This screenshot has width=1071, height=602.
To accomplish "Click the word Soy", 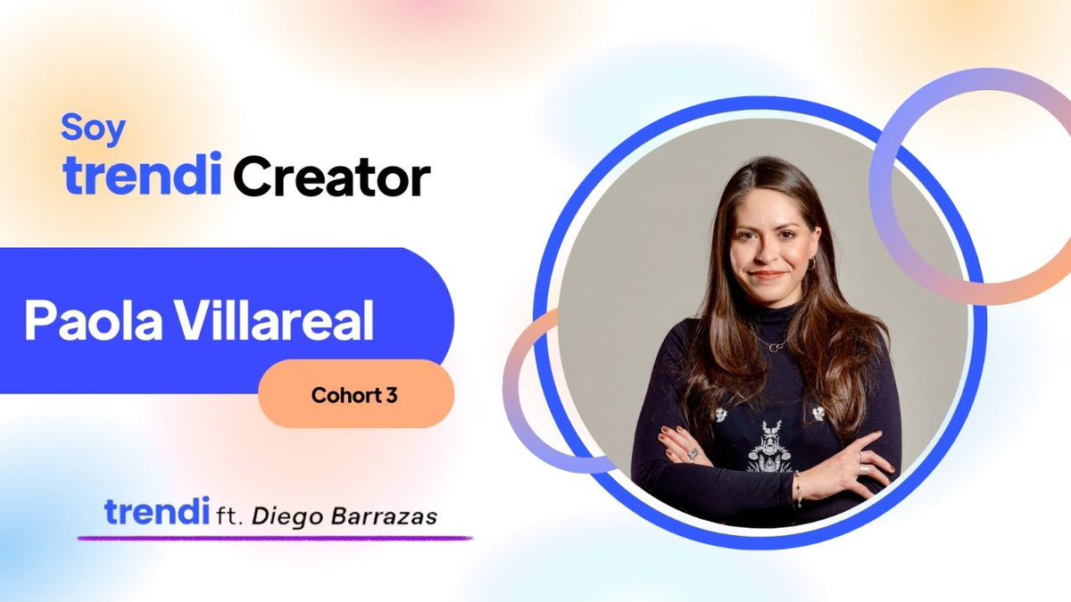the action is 93,129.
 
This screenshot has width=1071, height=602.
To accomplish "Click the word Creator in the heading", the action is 332,177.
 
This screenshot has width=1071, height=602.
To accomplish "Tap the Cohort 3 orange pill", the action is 356,394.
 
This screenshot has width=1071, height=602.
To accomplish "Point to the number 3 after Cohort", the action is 392,395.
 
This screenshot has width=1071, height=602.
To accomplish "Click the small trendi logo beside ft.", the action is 157,511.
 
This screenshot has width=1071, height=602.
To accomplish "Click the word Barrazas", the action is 384,516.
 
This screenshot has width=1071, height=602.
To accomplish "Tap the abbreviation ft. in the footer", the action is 230,516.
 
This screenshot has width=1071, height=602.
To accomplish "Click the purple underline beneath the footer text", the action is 275,539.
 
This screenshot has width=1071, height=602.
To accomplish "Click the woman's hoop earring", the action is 811,263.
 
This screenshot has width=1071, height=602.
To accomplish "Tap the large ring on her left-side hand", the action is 693,453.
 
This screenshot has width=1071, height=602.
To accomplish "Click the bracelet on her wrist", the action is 798,489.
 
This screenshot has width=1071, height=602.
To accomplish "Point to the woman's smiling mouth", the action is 768,275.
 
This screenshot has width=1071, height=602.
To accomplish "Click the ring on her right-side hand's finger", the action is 864,469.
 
